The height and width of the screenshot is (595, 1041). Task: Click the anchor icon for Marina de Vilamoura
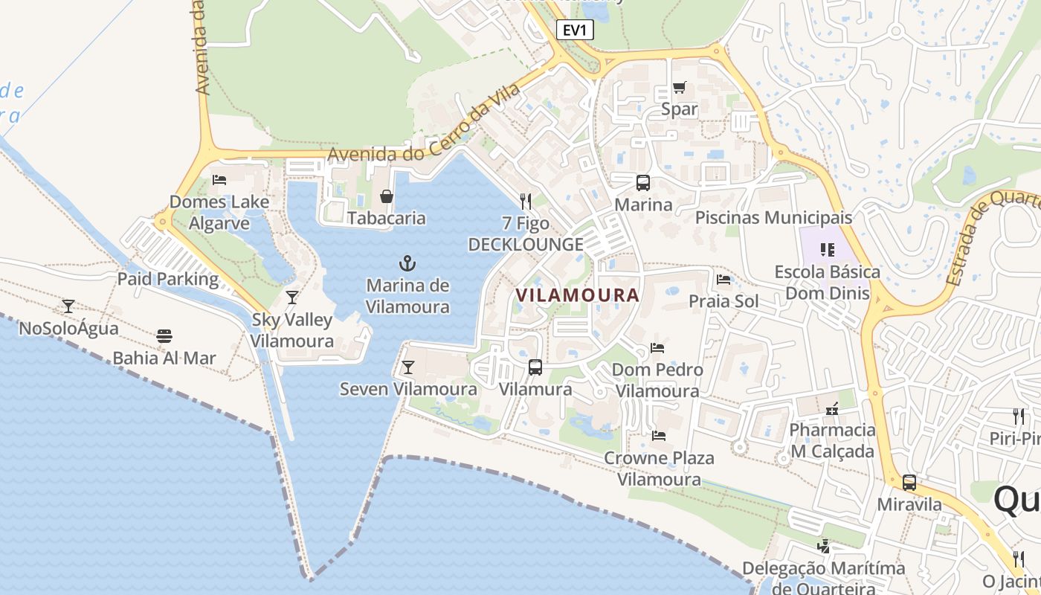point(407,263)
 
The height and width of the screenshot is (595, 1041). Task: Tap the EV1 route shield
point(575,30)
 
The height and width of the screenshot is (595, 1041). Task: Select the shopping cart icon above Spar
point(679,88)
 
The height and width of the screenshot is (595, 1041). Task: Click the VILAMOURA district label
point(578,295)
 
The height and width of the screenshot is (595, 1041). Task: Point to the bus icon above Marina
point(643,183)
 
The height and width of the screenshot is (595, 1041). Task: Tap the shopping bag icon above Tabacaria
point(387,196)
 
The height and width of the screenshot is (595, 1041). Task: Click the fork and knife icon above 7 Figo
point(526,201)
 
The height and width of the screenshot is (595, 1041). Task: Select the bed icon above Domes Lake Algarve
point(219,180)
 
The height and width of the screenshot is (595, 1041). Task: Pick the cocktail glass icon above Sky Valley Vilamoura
point(292,297)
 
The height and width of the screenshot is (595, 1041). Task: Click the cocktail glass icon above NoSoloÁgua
point(68,306)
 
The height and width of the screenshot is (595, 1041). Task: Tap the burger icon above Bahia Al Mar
point(164,336)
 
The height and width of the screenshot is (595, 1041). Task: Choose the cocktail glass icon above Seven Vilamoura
point(407,367)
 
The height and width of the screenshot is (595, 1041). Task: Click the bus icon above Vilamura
point(535,367)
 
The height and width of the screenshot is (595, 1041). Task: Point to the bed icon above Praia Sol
point(723,280)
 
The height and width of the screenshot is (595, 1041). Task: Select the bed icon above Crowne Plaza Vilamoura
point(658,436)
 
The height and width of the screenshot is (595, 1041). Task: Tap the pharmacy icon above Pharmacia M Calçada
point(832,408)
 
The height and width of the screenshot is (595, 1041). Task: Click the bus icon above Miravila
point(909,483)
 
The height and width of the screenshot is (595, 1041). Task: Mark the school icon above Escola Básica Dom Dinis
point(828,249)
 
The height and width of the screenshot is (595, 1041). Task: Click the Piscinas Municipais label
point(773,218)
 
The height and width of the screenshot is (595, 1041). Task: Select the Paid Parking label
point(168,280)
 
